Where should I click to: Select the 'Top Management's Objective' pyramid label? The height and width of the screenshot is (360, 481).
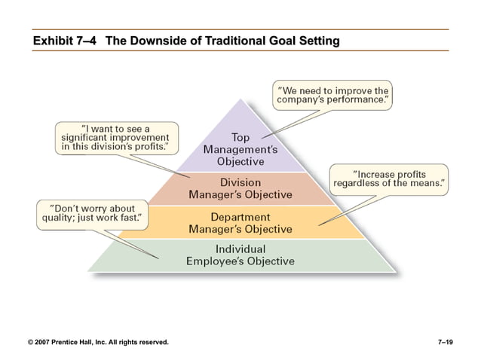[x=240, y=149]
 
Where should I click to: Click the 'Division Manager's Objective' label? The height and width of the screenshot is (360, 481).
[x=240, y=188]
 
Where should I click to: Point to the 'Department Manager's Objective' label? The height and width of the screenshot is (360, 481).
[x=240, y=222]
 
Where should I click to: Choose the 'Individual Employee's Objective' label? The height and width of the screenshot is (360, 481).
[x=240, y=255]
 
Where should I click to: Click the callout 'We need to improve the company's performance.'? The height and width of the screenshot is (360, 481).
[x=332, y=93]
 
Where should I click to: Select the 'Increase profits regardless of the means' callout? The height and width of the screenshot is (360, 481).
[x=389, y=178]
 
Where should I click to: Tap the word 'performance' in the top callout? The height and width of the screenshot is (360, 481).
[x=357, y=99]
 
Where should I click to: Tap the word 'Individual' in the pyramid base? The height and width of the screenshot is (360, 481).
[x=240, y=249]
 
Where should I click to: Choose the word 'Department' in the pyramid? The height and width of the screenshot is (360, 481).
[x=240, y=216]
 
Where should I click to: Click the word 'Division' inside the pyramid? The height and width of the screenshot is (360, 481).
[x=240, y=182]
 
